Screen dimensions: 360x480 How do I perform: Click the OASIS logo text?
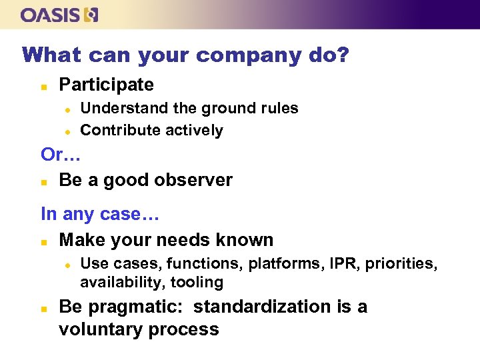click(x=51, y=15)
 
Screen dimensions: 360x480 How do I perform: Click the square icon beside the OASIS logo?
click(x=91, y=15)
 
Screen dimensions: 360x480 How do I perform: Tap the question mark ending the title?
click(x=343, y=55)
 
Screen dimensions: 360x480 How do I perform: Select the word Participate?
click(x=106, y=85)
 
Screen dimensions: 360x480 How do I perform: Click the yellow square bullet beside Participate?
click(x=43, y=86)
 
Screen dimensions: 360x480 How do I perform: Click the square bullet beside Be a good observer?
click(x=43, y=181)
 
